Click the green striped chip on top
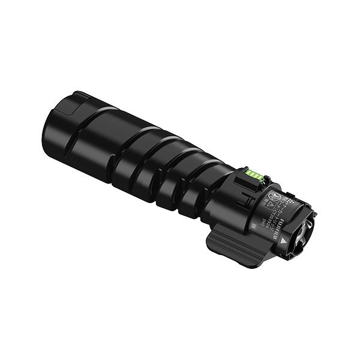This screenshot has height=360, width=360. [x=254, y=175]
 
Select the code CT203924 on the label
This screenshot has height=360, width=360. [x=270, y=214]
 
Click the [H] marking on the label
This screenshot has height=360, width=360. [x=264, y=223]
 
